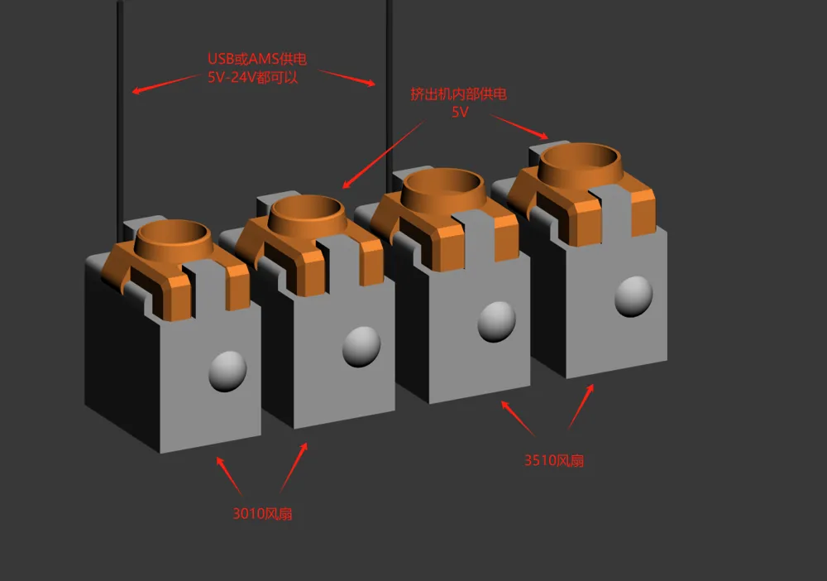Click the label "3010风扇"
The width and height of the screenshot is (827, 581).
tap(262, 513)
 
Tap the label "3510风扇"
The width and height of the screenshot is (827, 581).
tap(554, 460)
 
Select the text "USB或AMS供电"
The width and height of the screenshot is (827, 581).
tap(257, 59)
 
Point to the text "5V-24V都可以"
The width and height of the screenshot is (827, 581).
tap(252, 77)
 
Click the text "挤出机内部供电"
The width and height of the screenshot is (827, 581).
tap(458, 94)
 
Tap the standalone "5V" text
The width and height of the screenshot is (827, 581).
tap(460, 112)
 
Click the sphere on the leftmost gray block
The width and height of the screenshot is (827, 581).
tap(227, 372)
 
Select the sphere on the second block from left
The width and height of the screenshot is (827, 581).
tap(361, 347)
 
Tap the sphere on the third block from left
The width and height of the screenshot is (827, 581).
tap(496, 321)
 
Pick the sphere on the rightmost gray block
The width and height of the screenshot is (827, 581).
tap(633, 296)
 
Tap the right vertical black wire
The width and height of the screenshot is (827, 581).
tap(390, 95)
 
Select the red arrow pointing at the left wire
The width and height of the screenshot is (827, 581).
tap(165, 84)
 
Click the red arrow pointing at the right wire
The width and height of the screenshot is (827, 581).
tap(347, 78)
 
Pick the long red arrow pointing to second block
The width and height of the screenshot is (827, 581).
tap(384, 154)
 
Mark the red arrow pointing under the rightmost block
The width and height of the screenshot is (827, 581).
tap(581, 406)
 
